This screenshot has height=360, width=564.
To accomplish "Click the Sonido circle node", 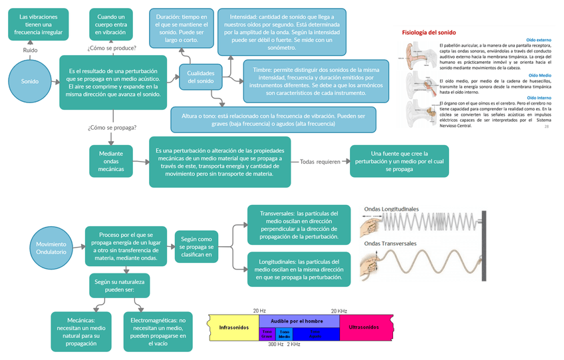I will pos(30,81).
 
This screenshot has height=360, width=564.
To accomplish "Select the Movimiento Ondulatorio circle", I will pos(51,248).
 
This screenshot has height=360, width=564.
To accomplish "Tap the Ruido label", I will pos(30,50).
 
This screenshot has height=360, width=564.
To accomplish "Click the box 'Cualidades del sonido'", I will pos(201,77).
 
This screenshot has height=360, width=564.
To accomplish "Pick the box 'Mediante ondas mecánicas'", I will pos(112,161).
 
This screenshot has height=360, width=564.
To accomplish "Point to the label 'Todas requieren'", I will pos(320,162).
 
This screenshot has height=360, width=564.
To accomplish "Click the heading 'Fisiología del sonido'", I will pos(429,32).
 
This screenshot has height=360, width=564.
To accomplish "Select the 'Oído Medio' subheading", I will pos(539,76).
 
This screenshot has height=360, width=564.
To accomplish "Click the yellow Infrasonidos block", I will pos(233,327).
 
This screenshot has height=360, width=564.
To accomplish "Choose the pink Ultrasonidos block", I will pos(364,327).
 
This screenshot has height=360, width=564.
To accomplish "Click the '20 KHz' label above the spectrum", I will pos(339,311).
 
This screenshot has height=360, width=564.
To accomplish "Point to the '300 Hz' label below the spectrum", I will pos(275,345).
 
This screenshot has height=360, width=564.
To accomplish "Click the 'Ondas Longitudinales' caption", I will pos(391,209).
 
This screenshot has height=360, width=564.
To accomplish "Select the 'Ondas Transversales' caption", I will pos(390,243).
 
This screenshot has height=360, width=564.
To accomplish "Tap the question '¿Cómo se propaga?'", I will pos(112,127).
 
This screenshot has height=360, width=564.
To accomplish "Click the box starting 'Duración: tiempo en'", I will pos(181,29).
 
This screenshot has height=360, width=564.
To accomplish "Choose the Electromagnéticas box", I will pos(158,331).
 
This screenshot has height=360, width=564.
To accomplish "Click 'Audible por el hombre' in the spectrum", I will pos(299,321).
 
